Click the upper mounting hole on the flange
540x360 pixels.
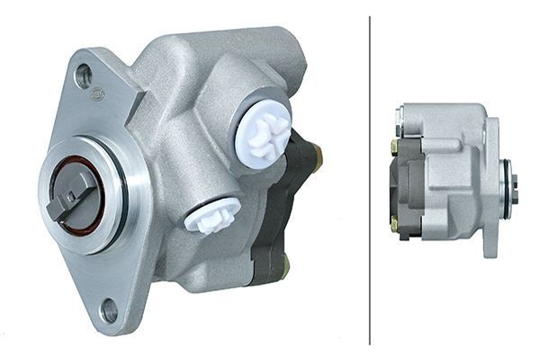tap(84, 76)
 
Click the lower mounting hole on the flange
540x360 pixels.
tap(109, 310)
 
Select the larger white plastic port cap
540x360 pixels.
tap(261, 130)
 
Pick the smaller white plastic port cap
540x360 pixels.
tap(212, 215)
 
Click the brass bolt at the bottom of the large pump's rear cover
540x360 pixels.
tap(285, 264)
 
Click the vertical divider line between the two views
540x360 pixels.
tap(370, 180)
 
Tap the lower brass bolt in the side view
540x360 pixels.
tap(395, 221)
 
